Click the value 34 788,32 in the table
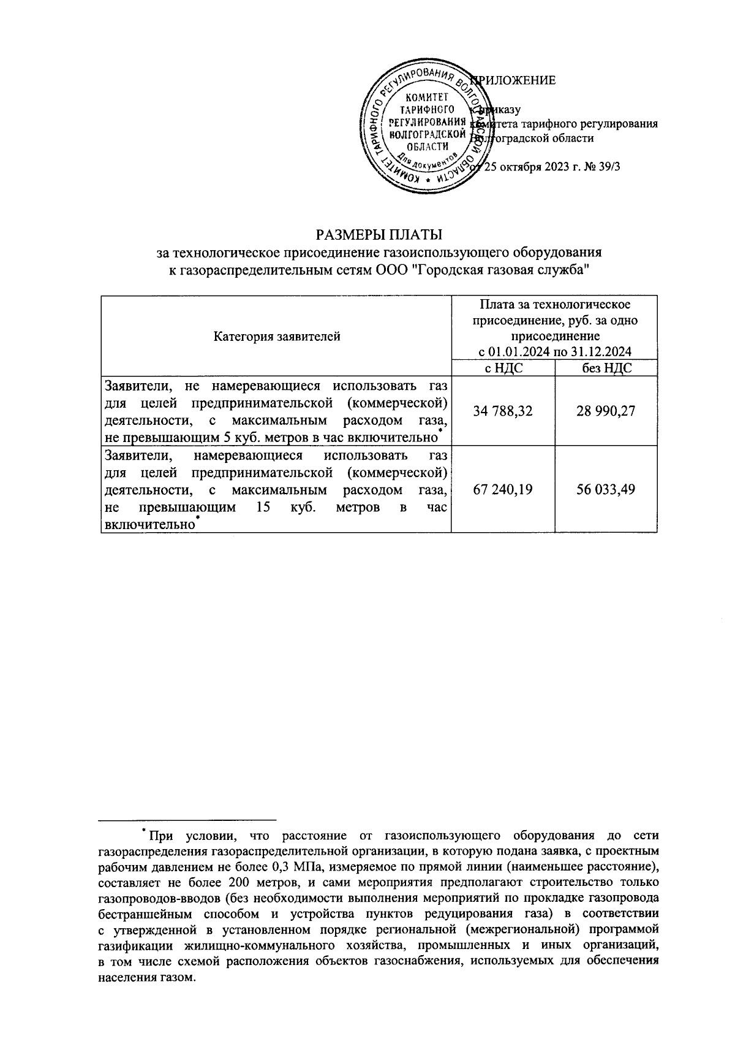tap(503, 411)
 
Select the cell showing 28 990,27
tap(606, 411)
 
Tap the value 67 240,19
tap(503, 489)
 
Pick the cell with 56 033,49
tap(606, 489)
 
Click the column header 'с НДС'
tap(503, 368)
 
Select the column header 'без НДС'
tap(606, 368)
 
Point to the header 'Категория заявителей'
tap(277, 336)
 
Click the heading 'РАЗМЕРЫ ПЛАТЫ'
tap(379, 235)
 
